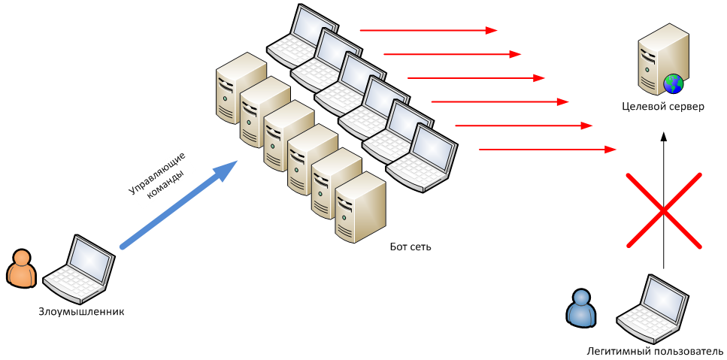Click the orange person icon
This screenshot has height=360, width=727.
pos(21,269)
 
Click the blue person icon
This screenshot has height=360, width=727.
pos(581,308)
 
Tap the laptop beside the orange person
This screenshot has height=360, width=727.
pos(79,270)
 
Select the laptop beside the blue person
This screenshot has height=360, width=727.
pos(653,310)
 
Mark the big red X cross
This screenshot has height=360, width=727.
pos(664,210)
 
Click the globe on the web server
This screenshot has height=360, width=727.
pos(673,83)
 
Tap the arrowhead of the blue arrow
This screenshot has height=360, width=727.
pos(226,170)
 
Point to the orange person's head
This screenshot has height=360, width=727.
pos(22,258)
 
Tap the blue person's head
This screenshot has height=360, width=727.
pos(581,298)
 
